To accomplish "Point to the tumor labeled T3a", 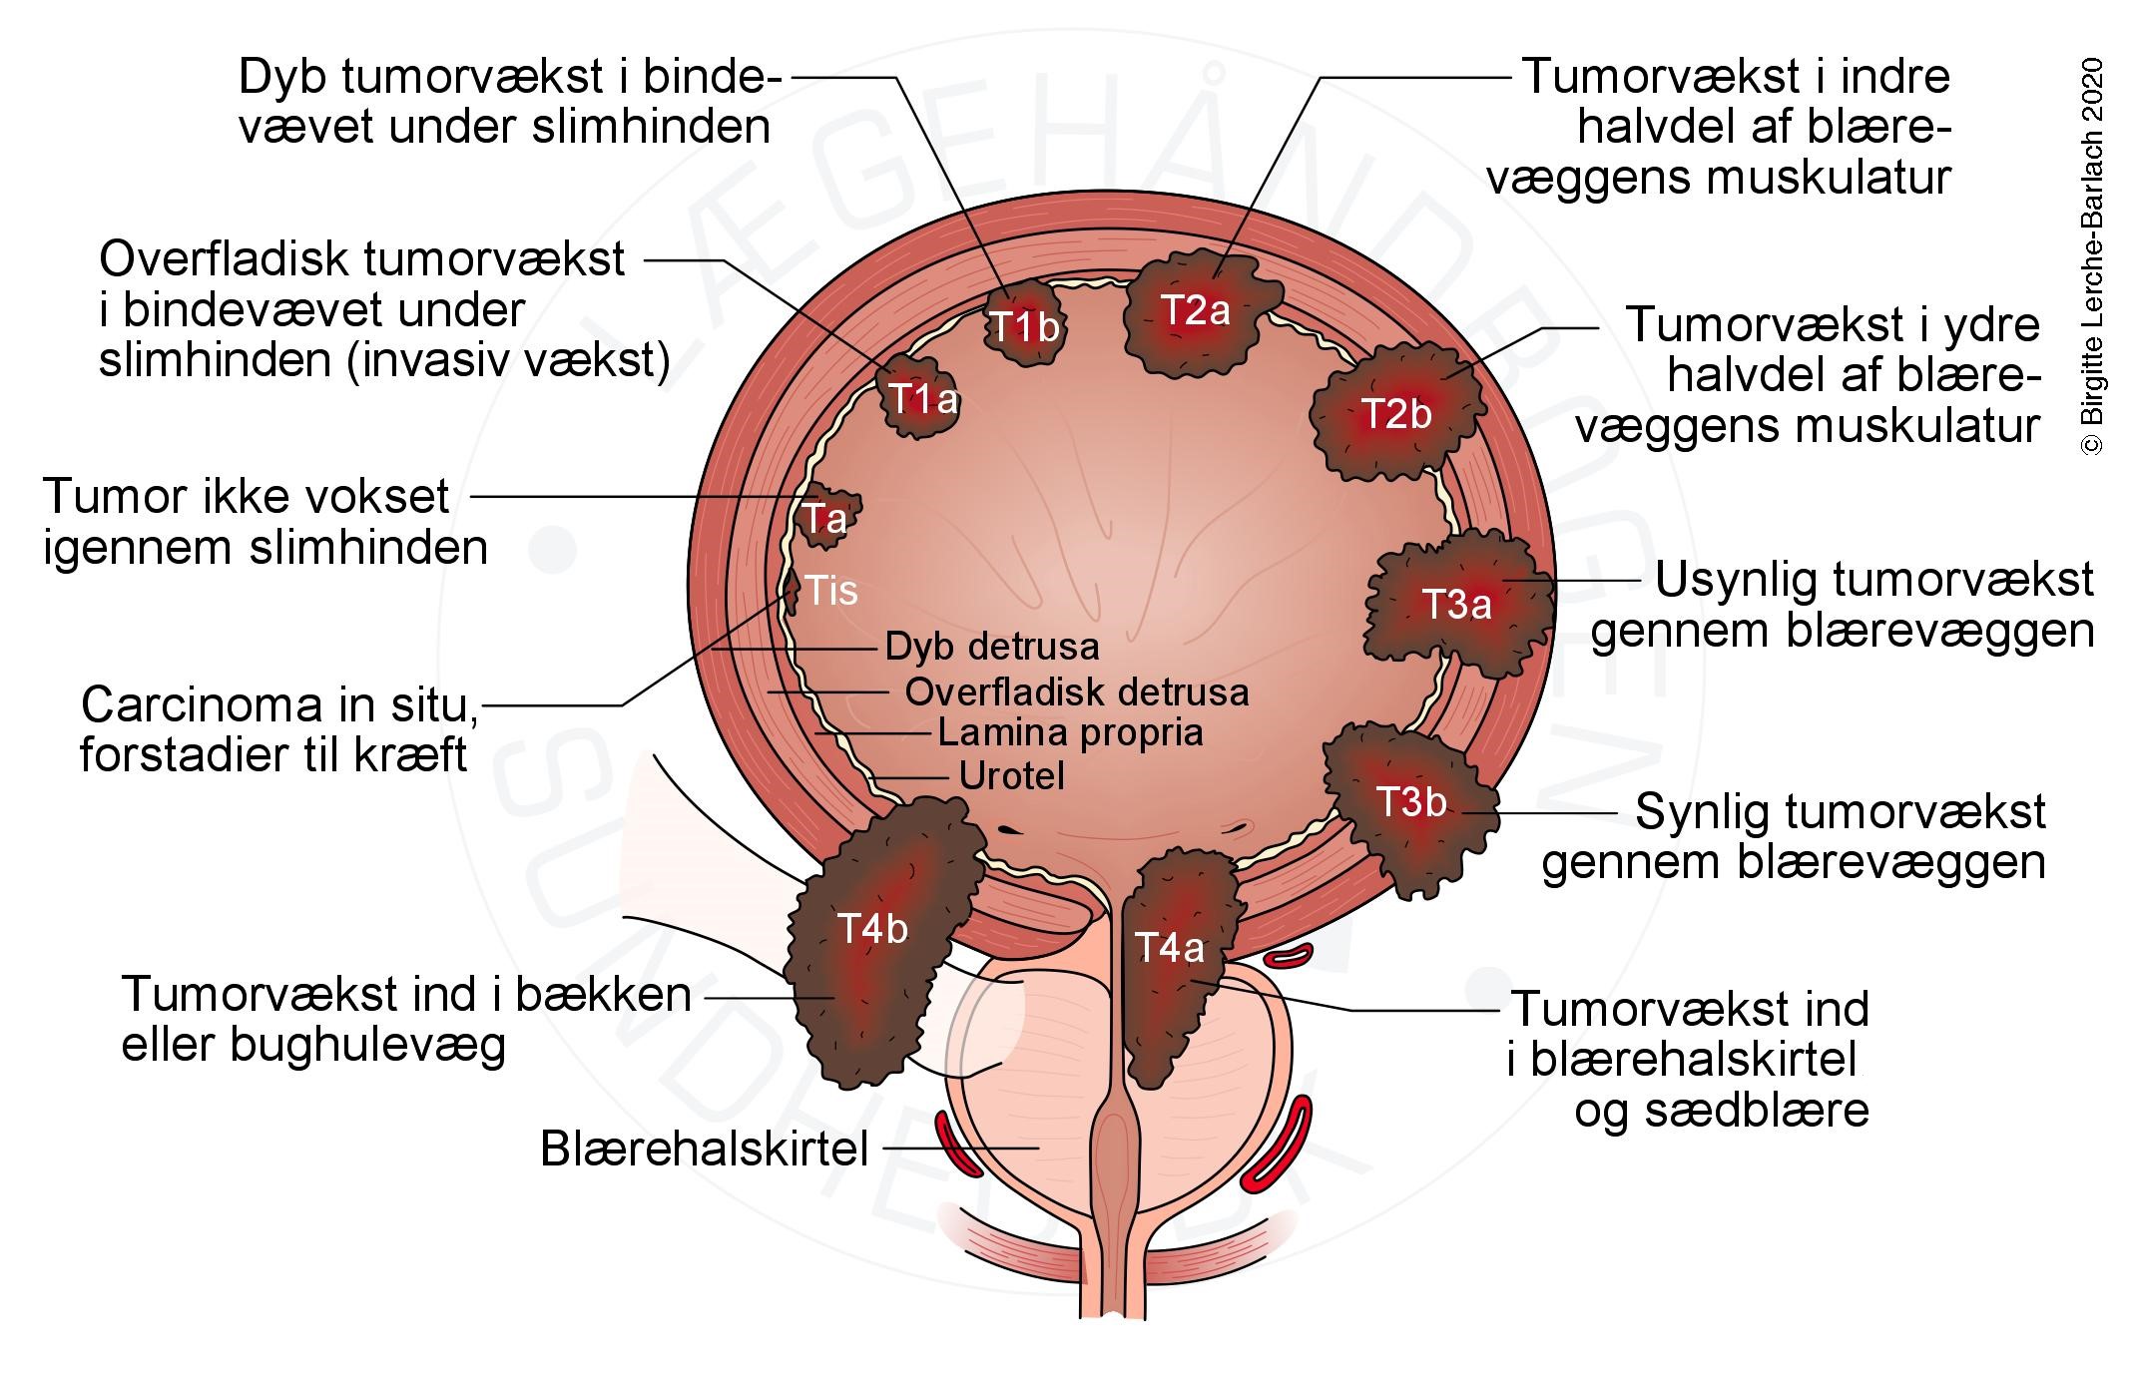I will pyautogui.click(x=1456, y=605).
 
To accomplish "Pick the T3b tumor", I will pyautogui.click(x=1411, y=803).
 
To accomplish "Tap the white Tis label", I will pyautogui.click(x=830, y=591).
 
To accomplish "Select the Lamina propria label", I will pyautogui.click(x=1070, y=733).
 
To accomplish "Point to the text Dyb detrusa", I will pyautogui.click(x=991, y=648).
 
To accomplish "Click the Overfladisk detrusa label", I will pyautogui.click(x=1076, y=691).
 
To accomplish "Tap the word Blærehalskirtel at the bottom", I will pyautogui.click(x=705, y=1149).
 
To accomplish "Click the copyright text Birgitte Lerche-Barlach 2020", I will pyautogui.click(x=2092, y=257).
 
